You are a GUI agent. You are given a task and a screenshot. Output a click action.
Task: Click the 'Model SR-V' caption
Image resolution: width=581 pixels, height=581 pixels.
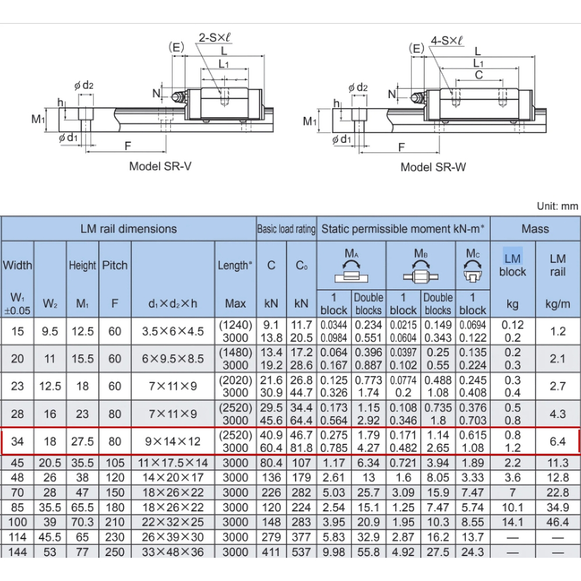click(160, 166)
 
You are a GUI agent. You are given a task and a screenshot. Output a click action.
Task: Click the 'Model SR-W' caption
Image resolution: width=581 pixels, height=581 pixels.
click(433, 167)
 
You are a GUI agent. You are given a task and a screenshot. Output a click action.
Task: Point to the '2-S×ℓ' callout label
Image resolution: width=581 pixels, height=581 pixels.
click(216, 38)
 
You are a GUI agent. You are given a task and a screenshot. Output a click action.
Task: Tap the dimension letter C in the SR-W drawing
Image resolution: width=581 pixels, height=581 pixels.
click(479, 75)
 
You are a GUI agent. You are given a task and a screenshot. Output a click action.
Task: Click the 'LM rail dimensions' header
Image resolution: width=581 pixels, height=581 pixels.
click(128, 229)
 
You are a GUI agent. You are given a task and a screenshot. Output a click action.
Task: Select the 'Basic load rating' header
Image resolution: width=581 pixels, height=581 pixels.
click(286, 229)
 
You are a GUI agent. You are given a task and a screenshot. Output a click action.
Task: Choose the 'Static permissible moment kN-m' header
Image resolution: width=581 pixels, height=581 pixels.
click(403, 229)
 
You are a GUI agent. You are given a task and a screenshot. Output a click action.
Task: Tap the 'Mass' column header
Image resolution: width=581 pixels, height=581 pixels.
click(535, 229)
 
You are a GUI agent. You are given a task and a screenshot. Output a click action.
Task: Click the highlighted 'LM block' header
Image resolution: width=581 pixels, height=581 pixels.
click(512, 265)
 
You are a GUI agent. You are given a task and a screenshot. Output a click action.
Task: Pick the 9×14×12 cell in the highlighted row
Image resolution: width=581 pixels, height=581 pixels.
click(173, 442)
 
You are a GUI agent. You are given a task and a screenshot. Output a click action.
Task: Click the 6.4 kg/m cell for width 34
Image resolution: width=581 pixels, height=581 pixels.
click(558, 442)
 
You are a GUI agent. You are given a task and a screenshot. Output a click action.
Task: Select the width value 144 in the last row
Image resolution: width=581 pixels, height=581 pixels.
click(17, 551)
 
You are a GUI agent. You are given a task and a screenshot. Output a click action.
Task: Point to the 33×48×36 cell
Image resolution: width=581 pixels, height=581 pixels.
click(173, 551)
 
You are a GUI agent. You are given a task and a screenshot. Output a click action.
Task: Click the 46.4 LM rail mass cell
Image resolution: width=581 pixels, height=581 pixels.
click(558, 522)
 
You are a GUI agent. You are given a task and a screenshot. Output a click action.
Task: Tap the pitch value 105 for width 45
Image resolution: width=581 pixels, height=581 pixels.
click(115, 463)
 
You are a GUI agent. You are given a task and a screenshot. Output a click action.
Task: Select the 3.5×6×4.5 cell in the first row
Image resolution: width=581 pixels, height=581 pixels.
click(173, 331)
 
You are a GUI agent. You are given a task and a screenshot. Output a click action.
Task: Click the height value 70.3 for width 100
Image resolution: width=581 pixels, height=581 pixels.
click(83, 522)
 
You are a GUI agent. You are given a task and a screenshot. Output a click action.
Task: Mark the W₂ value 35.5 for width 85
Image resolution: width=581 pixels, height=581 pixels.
click(51, 507)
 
